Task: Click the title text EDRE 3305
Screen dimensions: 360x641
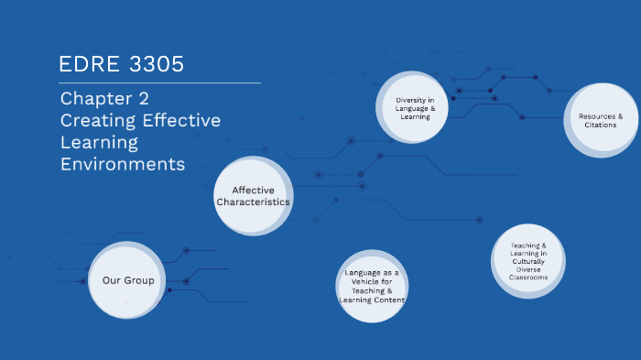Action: point(121,64)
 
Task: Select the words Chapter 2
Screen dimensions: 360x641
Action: point(104,99)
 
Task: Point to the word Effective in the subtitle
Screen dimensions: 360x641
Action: point(179,121)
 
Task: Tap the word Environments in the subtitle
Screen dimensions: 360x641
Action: point(123,165)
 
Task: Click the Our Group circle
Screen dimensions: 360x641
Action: point(128,280)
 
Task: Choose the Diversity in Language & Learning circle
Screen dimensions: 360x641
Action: point(415,108)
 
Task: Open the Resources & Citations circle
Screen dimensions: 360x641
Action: point(601,120)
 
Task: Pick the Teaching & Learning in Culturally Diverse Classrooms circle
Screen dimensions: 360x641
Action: point(528,261)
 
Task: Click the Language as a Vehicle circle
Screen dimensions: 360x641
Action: point(372,286)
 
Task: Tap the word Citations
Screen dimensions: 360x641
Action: point(601,125)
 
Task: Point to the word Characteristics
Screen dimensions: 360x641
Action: point(254,202)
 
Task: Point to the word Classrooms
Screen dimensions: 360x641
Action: point(528,278)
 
